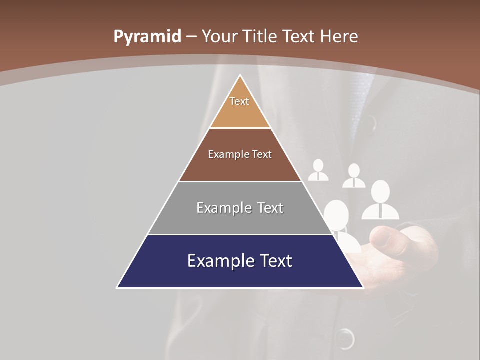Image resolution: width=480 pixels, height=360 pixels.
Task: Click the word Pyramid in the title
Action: click(x=147, y=37)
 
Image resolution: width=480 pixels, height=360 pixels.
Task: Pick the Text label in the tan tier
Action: click(x=239, y=101)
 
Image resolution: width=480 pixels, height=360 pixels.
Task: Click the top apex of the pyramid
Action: click(x=240, y=75)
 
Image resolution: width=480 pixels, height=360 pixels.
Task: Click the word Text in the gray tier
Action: click(x=270, y=208)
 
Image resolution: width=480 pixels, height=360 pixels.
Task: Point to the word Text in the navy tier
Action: click(x=275, y=261)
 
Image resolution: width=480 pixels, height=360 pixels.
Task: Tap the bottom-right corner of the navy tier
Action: click(x=363, y=287)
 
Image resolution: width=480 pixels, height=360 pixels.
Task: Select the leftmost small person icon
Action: click(x=318, y=171)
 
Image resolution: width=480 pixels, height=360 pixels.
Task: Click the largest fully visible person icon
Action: click(x=380, y=200)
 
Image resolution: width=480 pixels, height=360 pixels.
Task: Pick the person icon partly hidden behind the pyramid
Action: click(x=340, y=220)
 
